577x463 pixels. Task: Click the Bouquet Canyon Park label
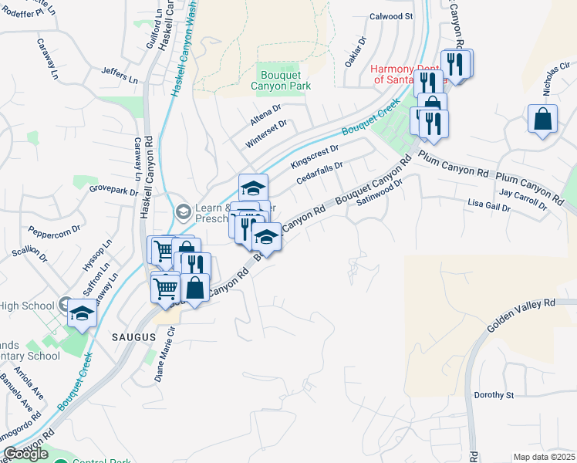(281, 79)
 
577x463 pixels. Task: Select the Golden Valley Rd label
(521, 316)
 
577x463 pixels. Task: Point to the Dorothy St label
(494, 395)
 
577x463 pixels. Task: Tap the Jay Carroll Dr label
(523, 200)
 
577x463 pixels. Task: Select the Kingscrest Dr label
(315, 157)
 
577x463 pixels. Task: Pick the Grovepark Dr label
(113, 188)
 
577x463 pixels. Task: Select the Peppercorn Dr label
(55, 230)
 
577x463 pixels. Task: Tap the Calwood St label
(392, 15)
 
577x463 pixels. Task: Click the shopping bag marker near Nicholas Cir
(543, 119)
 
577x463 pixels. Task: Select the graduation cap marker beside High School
(82, 314)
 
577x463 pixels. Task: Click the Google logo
(25, 454)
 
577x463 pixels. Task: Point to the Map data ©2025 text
(544, 457)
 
